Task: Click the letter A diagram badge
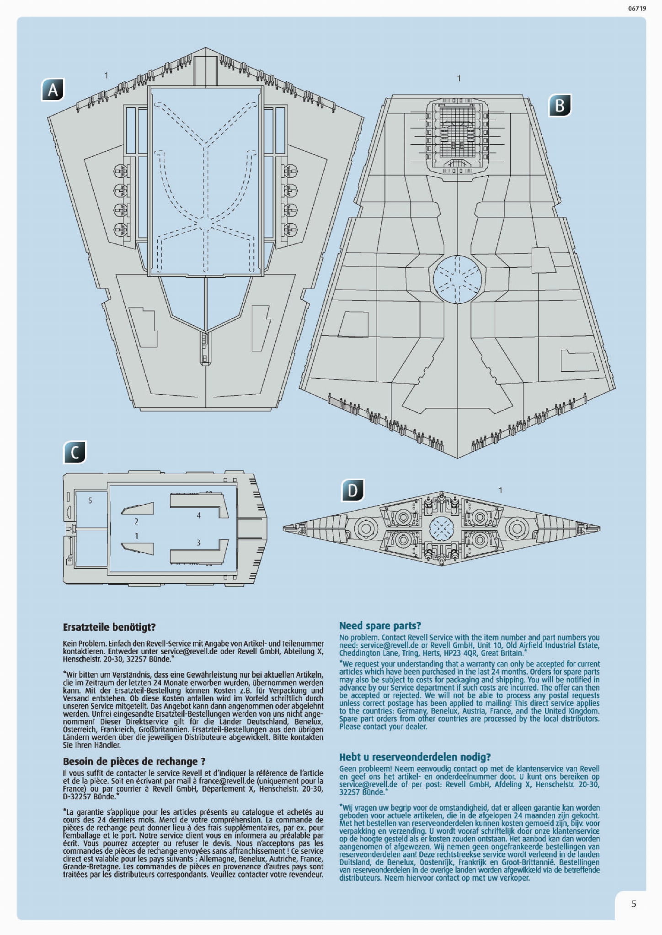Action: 53,90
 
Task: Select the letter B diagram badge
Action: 560,106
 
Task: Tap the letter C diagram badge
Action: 75,452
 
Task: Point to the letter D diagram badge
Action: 352,491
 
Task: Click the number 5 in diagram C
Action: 90,501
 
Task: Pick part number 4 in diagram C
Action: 199,515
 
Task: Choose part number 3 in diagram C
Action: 198,543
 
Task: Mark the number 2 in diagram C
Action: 136,521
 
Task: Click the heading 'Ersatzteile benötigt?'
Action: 109,627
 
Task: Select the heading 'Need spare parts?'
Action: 380,626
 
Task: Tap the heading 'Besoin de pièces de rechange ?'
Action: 134,761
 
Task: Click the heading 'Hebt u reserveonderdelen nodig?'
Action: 415,757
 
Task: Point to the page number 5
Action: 634,903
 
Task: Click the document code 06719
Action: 637,8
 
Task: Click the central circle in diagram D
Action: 442,528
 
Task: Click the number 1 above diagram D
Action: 500,490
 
